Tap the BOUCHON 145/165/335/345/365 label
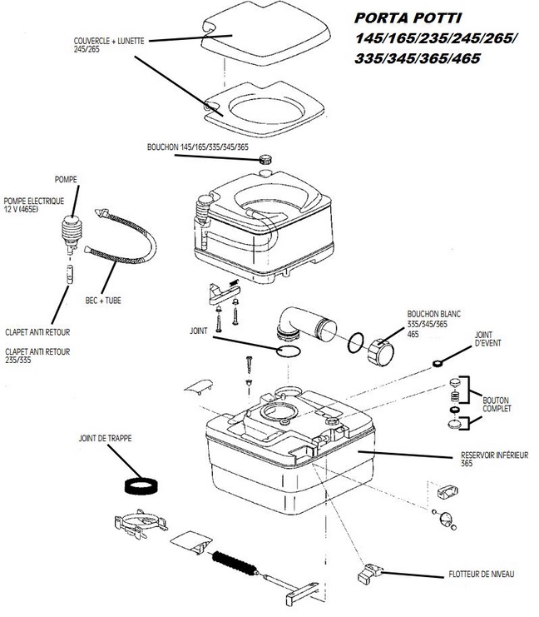(x=196, y=147)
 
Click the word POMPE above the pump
(x=66, y=179)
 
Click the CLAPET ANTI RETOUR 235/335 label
(x=37, y=356)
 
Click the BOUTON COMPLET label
(x=497, y=405)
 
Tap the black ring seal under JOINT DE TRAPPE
(x=142, y=485)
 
